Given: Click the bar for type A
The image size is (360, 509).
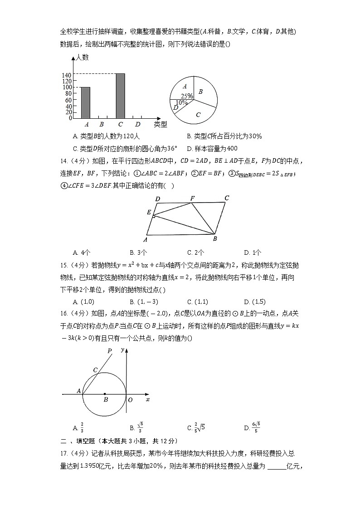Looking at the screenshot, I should (85, 102).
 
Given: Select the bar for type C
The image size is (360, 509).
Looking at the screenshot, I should (120, 96).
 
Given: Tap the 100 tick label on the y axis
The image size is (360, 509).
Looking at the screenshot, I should (67, 87).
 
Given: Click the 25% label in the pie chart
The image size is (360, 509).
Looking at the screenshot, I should (187, 96).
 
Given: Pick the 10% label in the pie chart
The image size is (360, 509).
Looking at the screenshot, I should (181, 102).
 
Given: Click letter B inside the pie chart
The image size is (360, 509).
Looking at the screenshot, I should (200, 92).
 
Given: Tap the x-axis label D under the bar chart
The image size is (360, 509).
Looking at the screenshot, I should (138, 124).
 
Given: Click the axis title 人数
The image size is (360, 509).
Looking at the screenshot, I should (82, 58).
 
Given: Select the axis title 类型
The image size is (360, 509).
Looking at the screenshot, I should (160, 124).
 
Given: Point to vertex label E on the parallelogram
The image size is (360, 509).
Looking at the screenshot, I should (149, 212).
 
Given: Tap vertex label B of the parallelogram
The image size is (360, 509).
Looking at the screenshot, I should (215, 239).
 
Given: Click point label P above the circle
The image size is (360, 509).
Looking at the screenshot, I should (109, 350).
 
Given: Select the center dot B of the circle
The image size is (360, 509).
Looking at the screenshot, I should (105, 394).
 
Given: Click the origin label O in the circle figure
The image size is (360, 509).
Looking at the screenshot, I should (130, 400).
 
